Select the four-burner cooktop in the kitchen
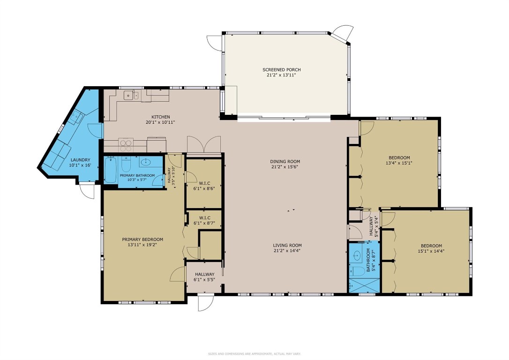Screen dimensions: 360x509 tap(126, 143)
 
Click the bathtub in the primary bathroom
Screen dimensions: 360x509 tap(111, 170)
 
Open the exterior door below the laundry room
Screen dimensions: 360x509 tap(87, 190)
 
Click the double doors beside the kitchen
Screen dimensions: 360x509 tap(203, 145)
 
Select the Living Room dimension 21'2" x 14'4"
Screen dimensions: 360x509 tap(287, 251)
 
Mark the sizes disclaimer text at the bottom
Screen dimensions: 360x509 tap(254, 354)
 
